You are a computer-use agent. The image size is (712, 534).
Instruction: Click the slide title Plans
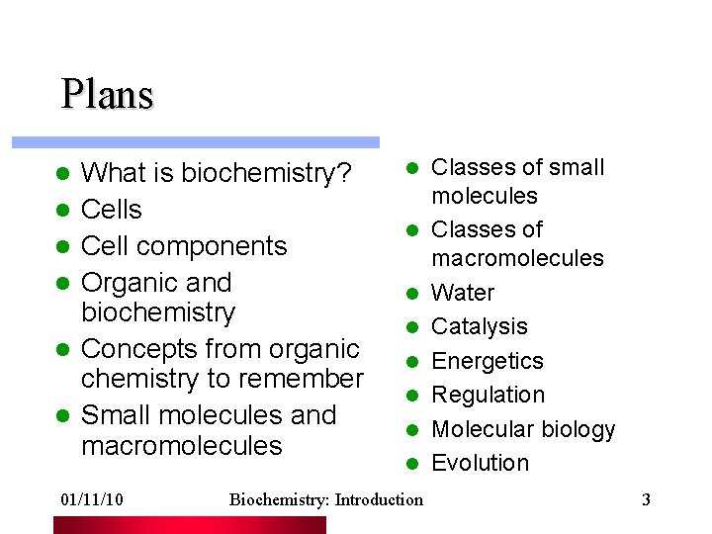point(107,95)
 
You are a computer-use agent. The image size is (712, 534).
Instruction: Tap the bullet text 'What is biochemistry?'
point(216,174)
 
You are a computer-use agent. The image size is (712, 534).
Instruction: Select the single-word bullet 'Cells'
point(111,210)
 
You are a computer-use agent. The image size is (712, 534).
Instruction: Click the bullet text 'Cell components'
point(183,246)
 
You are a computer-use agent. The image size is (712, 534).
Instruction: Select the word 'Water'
point(463,293)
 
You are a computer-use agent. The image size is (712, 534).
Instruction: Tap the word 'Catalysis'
point(480,326)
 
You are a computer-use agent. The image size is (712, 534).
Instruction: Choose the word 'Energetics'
point(489,361)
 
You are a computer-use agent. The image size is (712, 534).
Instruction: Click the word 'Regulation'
point(489,395)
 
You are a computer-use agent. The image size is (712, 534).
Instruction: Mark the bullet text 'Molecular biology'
point(523,429)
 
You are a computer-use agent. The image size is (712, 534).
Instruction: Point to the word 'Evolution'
point(481,463)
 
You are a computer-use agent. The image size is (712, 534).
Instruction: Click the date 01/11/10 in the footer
point(91,499)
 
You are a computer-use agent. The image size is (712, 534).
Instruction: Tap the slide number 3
point(646,499)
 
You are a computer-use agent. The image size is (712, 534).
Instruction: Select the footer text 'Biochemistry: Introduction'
point(325,499)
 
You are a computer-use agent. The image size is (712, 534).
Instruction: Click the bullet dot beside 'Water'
point(410,294)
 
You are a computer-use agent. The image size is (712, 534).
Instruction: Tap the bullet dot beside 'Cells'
point(60,211)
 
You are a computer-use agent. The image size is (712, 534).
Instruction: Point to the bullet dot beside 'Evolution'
point(410,464)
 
